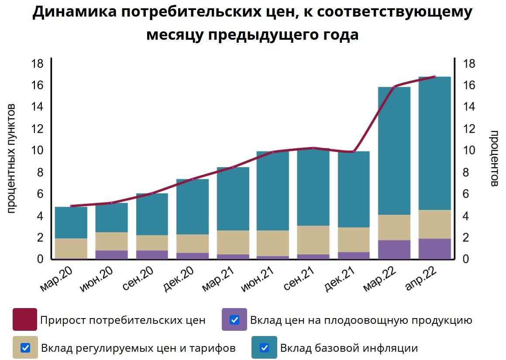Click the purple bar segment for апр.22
point(434,249)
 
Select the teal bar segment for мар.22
point(394,151)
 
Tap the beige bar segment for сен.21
point(313,240)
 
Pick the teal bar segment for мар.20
point(71,223)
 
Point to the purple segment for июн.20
point(111,254)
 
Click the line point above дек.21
point(354,152)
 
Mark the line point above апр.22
point(434,77)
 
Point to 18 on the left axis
point(38,64)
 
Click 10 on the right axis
point(469,151)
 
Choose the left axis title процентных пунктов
point(12,158)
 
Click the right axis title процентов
point(494,158)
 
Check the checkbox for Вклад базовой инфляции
point(264,348)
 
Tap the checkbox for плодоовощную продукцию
point(234,320)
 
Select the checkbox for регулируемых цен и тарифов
point(25,348)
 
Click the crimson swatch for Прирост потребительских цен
point(25,320)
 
